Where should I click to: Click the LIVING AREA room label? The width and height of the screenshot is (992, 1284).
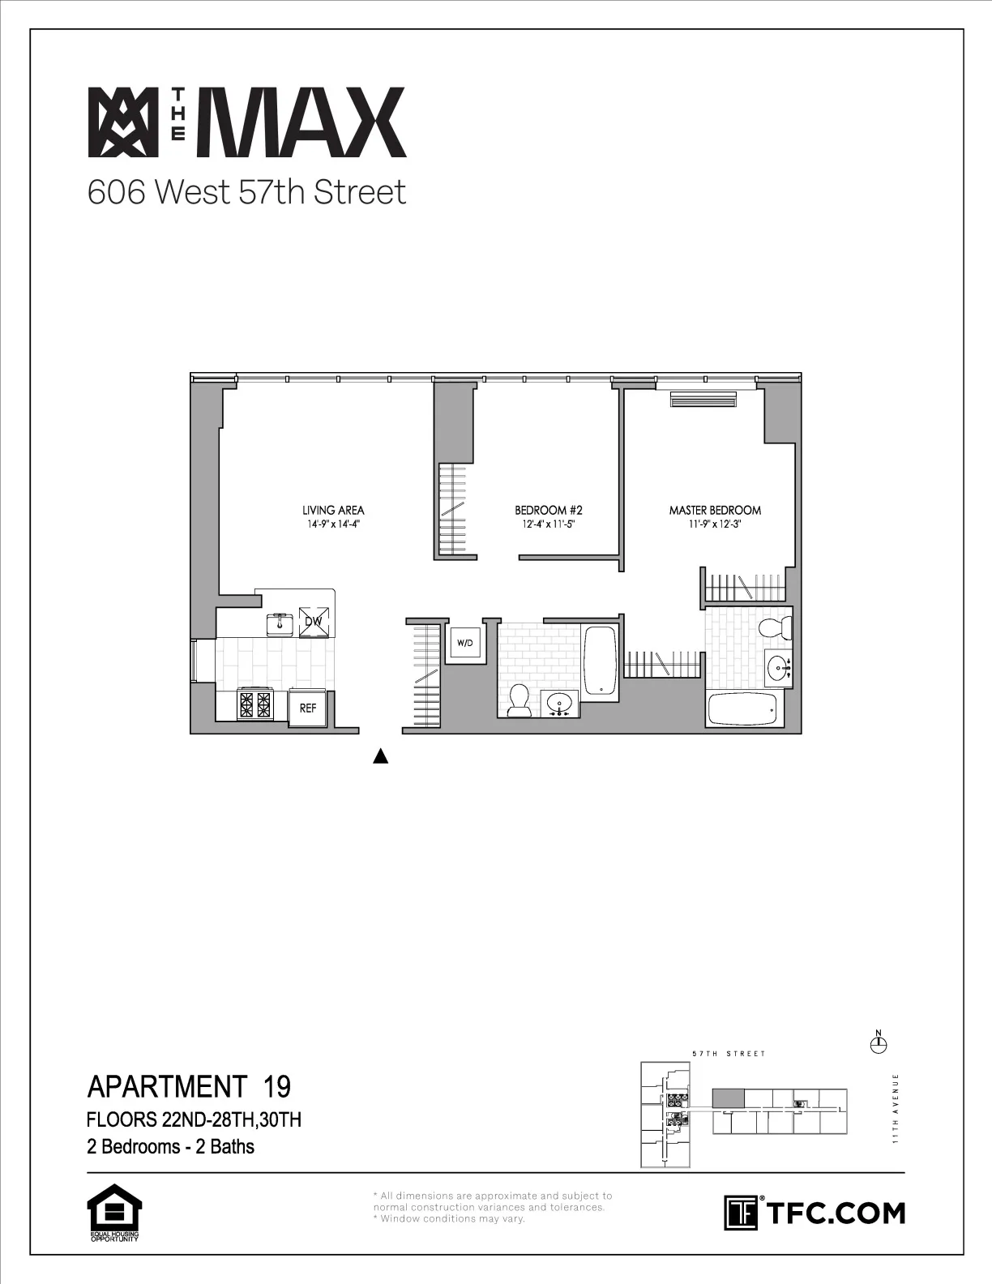coord(333,510)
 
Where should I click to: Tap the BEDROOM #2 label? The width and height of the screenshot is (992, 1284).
coord(549,510)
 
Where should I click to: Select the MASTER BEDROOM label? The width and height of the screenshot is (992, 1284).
coord(715,510)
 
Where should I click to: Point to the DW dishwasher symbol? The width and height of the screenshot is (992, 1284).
coord(314,622)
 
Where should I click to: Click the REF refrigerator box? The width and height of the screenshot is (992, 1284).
coord(308,707)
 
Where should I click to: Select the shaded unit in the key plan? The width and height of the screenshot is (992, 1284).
coord(728,1099)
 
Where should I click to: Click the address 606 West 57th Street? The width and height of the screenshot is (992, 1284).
coord(246,193)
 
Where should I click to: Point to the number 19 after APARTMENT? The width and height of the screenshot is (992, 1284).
coord(277,1085)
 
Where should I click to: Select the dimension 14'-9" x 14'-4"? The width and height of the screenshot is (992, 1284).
coord(333,524)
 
